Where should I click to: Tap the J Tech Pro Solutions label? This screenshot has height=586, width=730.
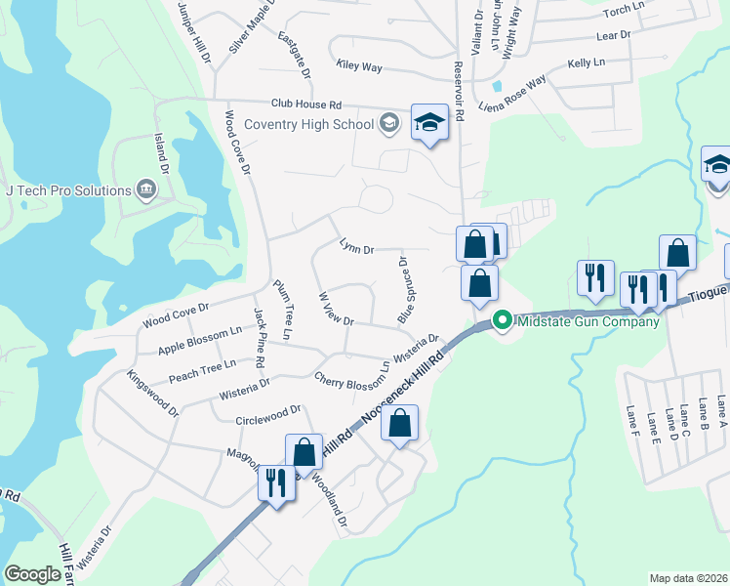pyautogui.click(x=67, y=190)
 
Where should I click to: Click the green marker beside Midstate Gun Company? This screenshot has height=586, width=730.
pyautogui.click(x=503, y=319)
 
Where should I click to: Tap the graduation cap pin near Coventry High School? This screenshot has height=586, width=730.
pyautogui.click(x=427, y=122)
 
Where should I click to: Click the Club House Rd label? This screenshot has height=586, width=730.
pyautogui.click(x=305, y=104)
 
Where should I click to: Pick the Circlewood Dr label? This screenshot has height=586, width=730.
pyautogui.click(x=268, y=417)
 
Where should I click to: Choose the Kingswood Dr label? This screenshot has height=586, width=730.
pyautogui.click(x=153, y=393)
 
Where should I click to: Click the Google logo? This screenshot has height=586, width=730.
pyautogui.click(x=32, y=574)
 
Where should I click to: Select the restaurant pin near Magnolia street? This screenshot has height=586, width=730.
pyautogui.click(x=276, y=481)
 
